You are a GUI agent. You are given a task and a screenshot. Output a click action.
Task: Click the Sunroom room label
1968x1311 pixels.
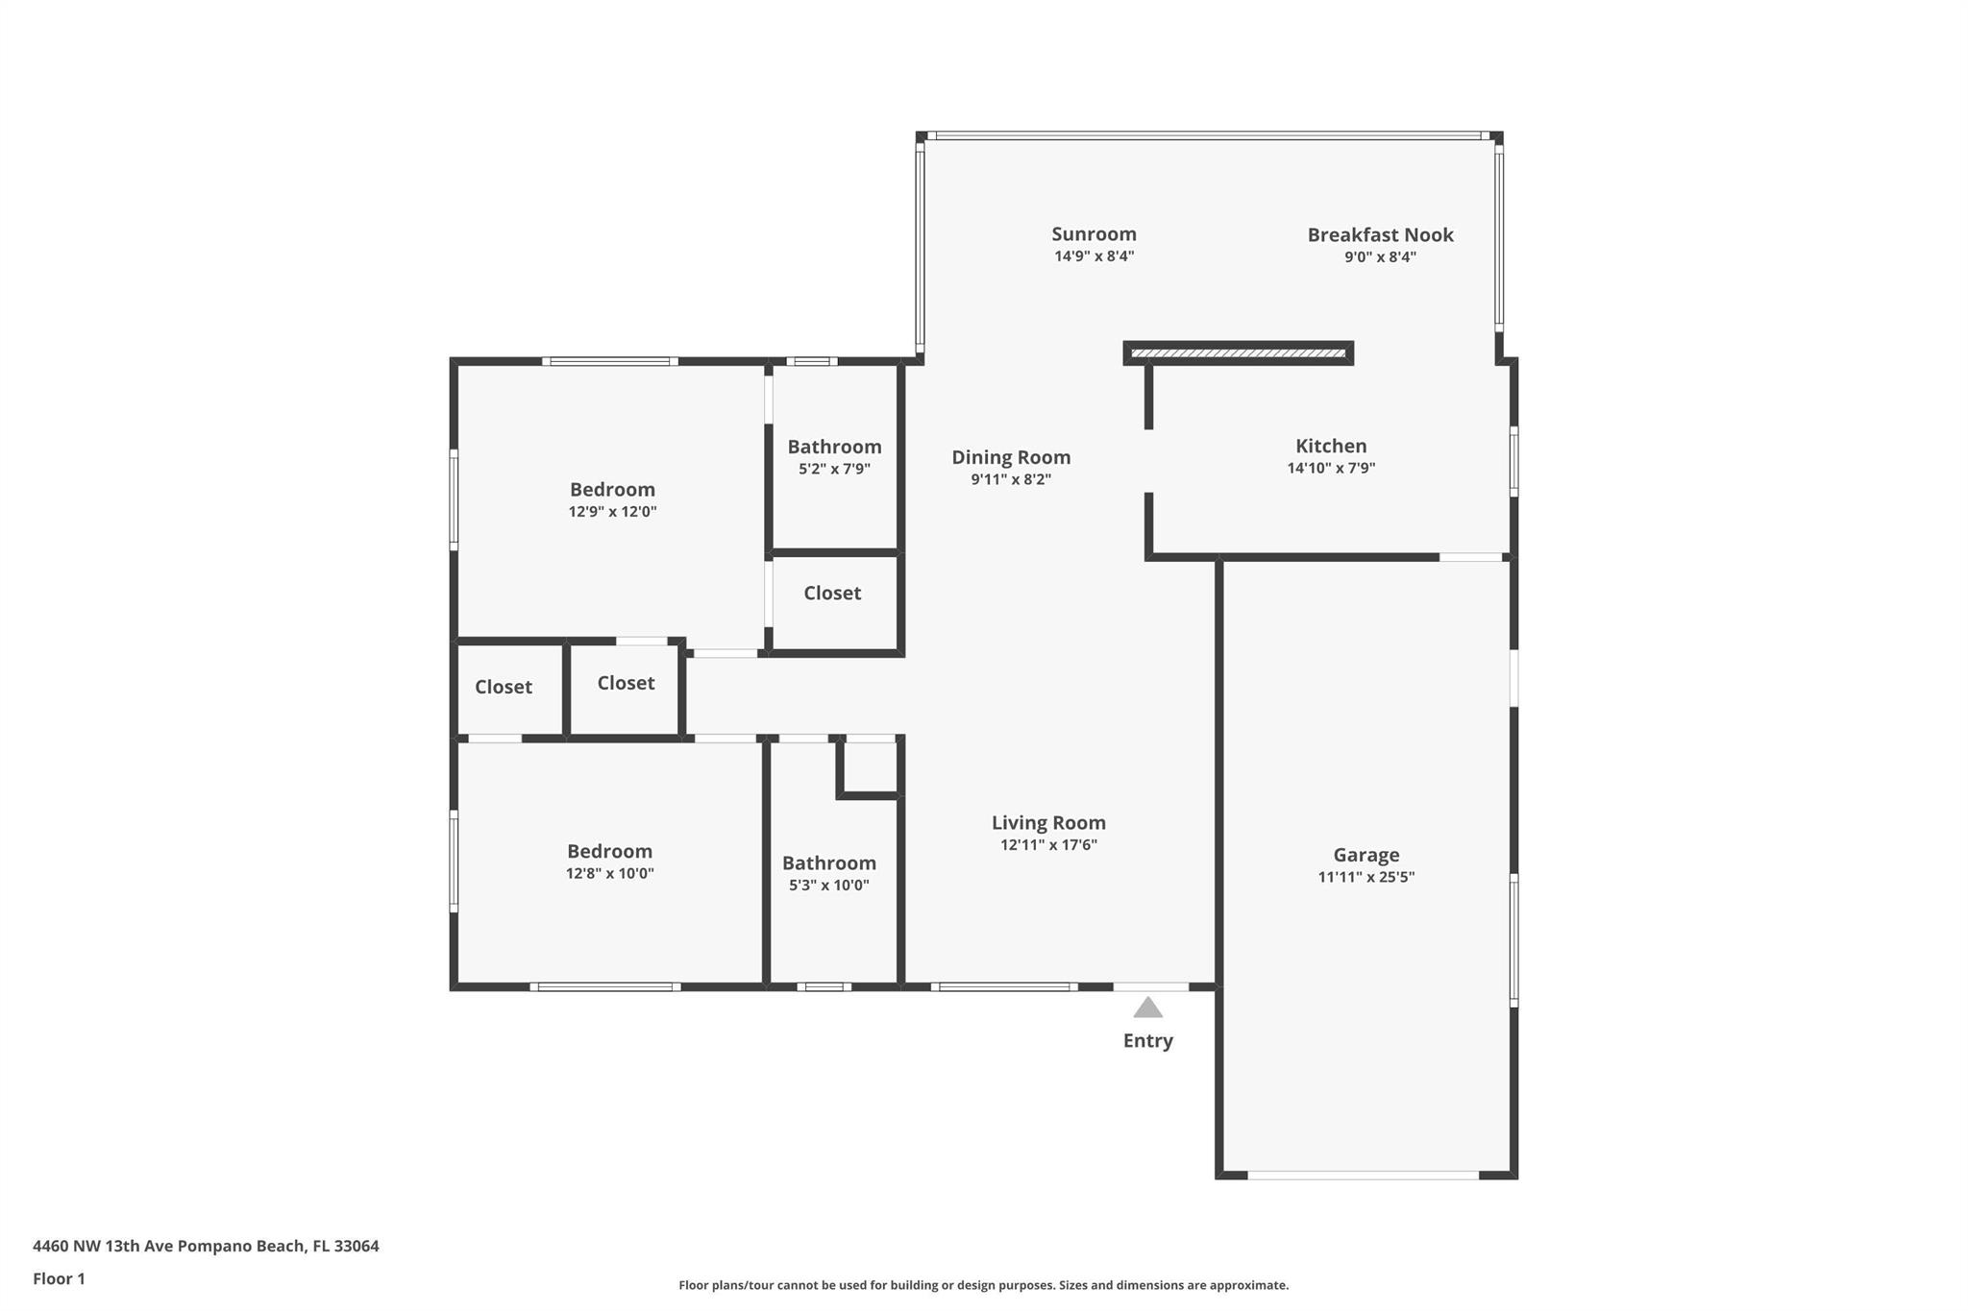(1094, 233)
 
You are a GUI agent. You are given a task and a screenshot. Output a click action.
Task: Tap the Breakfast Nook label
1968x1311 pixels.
(1380, 234)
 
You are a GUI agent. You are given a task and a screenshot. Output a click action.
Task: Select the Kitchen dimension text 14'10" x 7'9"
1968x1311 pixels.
(1331, 468)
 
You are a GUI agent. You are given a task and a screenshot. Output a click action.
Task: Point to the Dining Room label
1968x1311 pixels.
(1011, 458)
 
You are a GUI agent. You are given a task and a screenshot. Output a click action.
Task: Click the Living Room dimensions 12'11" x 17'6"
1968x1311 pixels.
(1048, 844)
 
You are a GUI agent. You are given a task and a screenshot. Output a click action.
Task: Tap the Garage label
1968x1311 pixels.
(1365, 855)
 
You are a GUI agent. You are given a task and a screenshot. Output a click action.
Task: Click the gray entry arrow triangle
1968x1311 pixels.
(1147, 1008)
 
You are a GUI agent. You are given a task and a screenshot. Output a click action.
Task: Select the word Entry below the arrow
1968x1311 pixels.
(1147, 1040)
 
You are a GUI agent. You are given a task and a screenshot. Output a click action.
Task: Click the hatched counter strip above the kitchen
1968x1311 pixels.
(1239, 353)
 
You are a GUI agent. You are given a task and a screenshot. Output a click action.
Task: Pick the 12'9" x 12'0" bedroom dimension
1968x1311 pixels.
(612, 511)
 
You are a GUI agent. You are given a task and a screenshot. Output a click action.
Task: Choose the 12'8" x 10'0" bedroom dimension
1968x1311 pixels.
(609, 873)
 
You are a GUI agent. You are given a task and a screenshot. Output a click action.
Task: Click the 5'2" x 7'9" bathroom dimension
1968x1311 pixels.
(834, 469)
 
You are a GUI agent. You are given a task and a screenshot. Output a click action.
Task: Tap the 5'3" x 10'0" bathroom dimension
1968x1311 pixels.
(828, 885)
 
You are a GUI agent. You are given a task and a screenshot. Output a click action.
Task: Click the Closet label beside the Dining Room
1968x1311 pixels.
(832, 593)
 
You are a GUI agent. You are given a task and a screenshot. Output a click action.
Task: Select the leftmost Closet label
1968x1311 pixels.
(503, 687)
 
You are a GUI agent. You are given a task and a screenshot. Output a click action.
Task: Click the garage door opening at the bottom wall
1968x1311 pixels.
(1363, 1175)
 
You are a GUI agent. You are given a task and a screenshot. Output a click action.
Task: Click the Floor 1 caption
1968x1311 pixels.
(59, 1278)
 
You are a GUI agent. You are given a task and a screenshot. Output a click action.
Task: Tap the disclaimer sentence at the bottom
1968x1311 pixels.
(983, 1285)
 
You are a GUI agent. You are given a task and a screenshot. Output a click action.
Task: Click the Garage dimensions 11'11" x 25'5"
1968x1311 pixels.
(1365, 876)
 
